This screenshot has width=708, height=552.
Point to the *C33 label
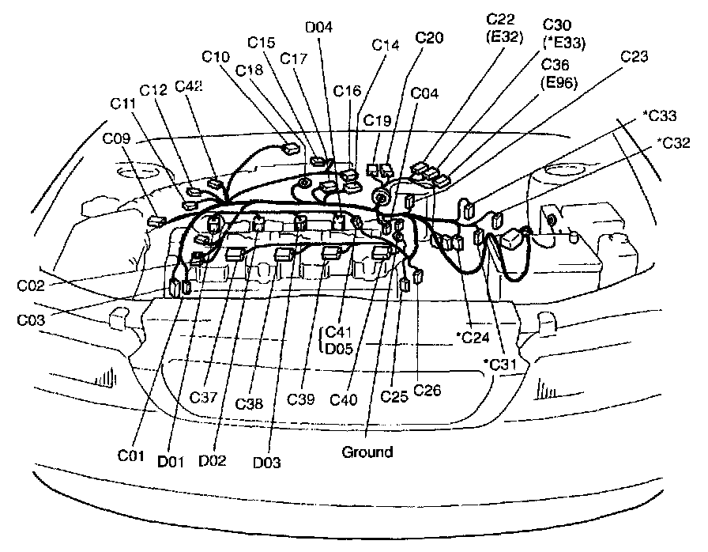click(659, 116)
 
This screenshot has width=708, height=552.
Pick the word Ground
click(367, 452)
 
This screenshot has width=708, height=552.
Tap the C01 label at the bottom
click(132, 456)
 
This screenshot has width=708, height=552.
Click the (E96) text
click(559, 82)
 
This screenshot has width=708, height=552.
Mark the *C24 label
click(473, 338)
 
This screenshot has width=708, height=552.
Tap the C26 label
click(427, 390)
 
